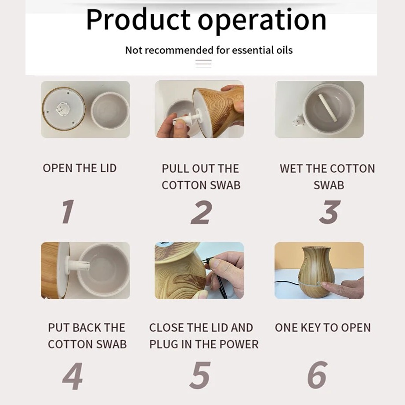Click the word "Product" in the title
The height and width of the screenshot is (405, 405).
coord(138,20)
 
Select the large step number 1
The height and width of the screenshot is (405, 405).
coord(68,211)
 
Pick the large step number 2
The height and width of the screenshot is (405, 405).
coord(202,212)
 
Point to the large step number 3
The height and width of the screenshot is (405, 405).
coord(330,212)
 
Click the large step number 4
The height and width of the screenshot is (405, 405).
coord(72,376)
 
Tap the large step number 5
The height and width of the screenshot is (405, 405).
coord(200,375)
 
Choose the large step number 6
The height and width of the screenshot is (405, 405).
coord(318,375)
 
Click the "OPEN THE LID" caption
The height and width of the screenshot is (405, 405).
coord(80,168)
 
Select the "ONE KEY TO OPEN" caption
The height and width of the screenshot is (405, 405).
coord(323,328)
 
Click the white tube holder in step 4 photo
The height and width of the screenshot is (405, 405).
coord(78,265)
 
